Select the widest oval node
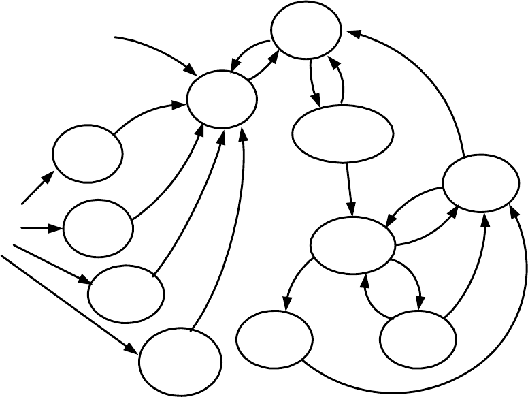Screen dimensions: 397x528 [x=344, y=134]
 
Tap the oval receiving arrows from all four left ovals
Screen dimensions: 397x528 [x=222, y=99]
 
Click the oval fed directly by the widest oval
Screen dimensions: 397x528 [x=352, y=244]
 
